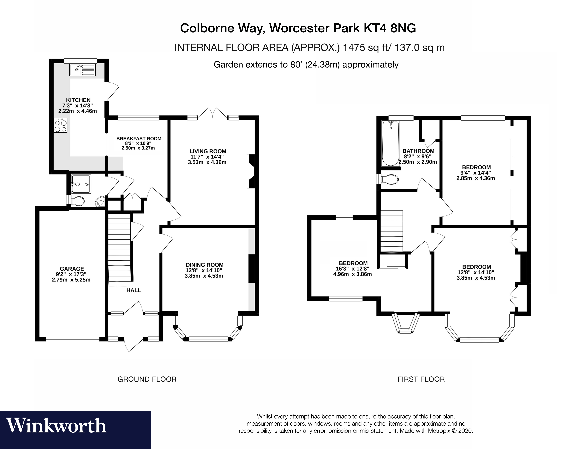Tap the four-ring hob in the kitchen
point(60,125)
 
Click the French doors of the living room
point(213,114)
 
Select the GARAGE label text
point(72,269)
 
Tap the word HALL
point(134,290)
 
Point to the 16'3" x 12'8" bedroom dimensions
point(352,271)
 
